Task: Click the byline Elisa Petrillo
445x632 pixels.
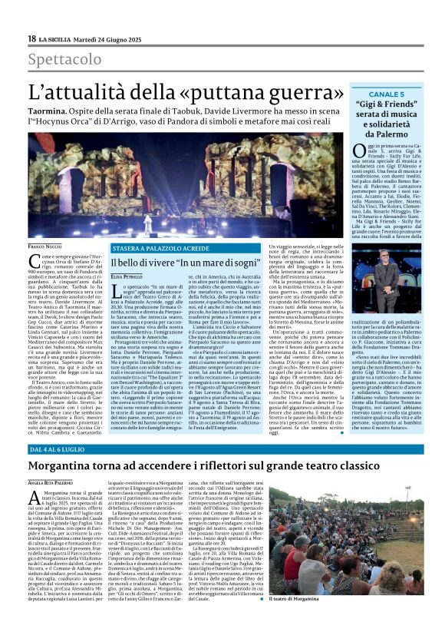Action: pos(128,276)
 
